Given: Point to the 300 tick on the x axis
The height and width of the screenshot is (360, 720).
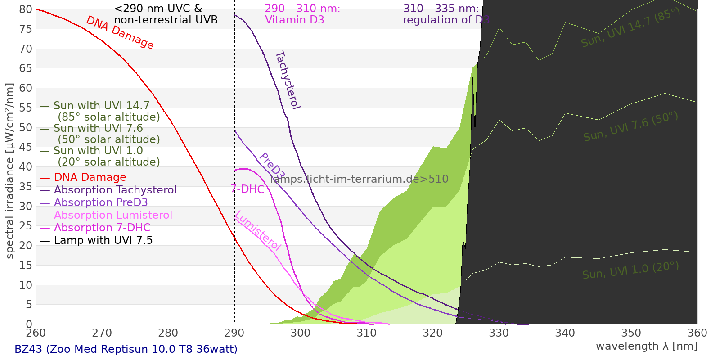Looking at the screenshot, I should [x=301, y=333].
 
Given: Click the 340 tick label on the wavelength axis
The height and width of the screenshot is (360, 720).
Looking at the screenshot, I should [x=565, y=333].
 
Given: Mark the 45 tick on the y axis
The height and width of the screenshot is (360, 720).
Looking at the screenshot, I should [x=26, y=147].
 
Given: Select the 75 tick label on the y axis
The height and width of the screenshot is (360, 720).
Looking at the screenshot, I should [x=26, y=29].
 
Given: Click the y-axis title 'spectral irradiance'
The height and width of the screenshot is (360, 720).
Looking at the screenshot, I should [x=10, y=171].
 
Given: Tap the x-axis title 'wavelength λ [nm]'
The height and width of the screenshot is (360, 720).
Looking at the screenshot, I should [x=647, y=346].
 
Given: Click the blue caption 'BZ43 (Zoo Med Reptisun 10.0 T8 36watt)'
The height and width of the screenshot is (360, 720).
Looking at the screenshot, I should [x=126, y=349].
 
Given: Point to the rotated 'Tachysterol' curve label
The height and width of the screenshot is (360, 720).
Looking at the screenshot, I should [x=288, y=80].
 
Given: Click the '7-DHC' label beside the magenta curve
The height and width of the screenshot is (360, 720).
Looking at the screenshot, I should [x=247, y=189].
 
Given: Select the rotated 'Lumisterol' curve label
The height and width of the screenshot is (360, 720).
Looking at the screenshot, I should [x=258, y=230].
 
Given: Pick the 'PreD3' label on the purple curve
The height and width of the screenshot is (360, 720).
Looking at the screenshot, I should [x=272, y=166].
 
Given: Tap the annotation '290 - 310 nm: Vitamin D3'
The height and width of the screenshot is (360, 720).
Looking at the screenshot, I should [x=302, y=14].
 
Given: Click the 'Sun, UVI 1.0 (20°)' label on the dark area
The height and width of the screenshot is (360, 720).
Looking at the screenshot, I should [x=630, y=270].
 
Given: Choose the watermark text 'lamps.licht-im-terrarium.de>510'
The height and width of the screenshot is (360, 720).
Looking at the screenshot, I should [x=359, y=179].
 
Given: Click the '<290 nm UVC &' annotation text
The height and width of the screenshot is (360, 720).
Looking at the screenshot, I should [x=158, y=9].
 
